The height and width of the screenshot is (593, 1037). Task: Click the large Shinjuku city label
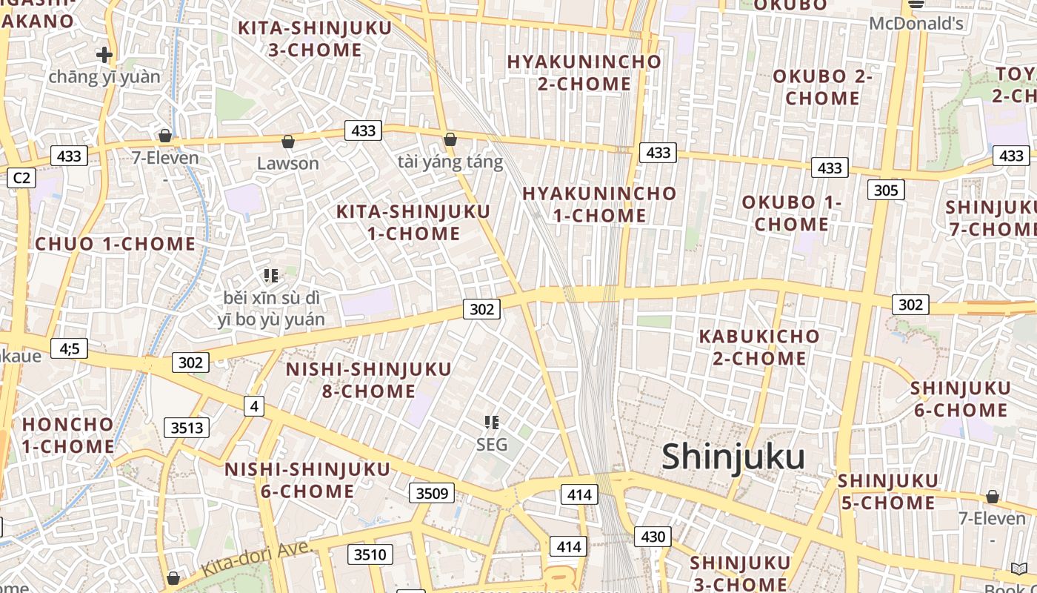point(733,457)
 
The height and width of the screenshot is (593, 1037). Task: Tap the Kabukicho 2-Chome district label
point(759,347)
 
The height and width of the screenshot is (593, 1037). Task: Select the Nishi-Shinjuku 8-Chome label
point(369,380)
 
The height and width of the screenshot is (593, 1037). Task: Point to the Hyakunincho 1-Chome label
point(599,205)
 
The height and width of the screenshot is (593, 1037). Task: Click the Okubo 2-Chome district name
point(822,87)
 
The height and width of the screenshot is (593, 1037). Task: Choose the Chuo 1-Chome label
point(116,244)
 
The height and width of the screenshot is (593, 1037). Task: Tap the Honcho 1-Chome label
point(68,435)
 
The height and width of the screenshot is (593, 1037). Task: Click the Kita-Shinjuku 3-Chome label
point(315,39)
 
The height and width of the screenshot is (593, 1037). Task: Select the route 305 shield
point(885,190)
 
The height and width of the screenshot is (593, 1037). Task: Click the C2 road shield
point(21,178)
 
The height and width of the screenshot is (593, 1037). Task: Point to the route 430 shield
point(653,536)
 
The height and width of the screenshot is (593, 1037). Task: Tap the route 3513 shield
point(186,428)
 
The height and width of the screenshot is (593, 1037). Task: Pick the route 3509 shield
point(431,492)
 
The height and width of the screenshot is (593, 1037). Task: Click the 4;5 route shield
point(69,348)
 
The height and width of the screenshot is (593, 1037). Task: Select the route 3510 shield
point(370,554)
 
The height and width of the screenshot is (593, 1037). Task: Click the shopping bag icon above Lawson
point(288,142)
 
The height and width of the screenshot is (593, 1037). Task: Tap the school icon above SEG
point(491,423)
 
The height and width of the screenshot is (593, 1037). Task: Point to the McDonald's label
point(916,24)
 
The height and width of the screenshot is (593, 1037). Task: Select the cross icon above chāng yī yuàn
point(104,54)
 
